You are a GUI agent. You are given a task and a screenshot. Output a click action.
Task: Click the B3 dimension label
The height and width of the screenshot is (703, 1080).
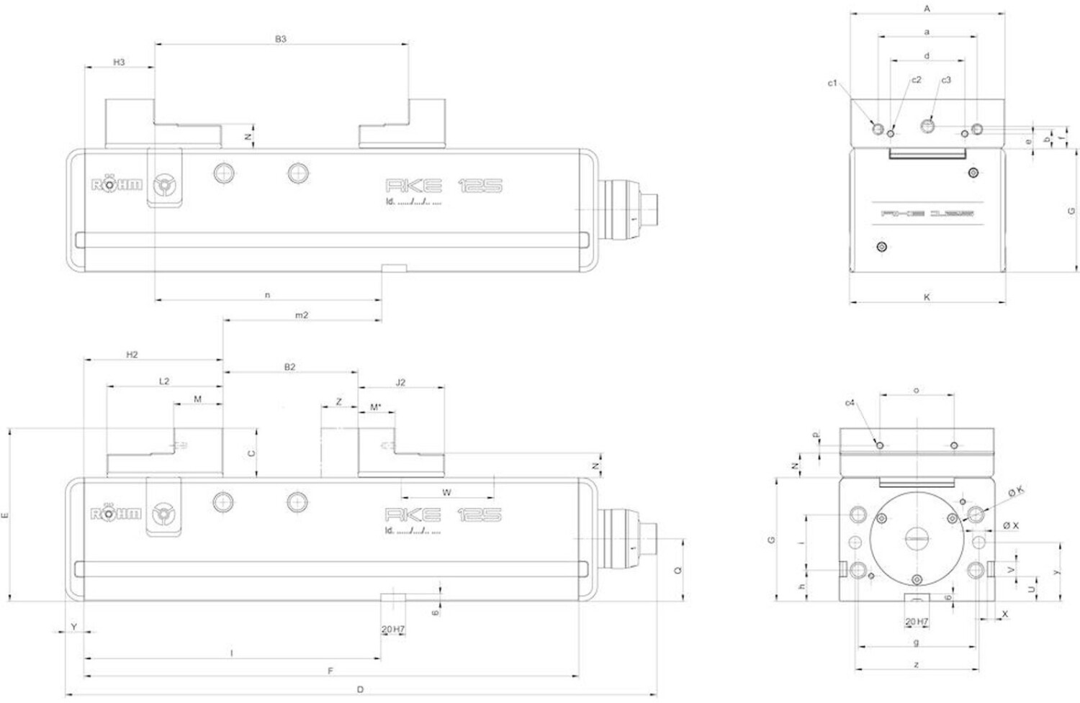point(281,39)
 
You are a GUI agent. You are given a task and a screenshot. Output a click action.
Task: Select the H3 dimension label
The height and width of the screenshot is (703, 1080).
point(120,63)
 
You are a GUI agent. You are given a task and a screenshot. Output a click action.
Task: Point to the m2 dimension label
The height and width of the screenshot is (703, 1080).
point(302,315)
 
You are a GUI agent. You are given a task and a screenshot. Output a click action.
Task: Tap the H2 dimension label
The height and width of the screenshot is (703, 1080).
point(132,355)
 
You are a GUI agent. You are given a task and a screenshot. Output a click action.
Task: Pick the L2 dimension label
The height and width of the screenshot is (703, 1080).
point(164,381)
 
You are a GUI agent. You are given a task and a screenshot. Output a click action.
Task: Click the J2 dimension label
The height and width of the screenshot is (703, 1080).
point(401,382)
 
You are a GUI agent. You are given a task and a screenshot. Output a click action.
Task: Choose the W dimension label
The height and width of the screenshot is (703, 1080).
point(446,493)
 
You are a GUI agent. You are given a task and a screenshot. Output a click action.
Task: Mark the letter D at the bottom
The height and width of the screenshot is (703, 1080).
point(361,689)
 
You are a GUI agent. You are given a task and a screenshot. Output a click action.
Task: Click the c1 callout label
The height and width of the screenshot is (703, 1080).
point(832,83)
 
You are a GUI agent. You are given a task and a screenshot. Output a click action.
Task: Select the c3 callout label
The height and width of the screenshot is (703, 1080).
point(946,80)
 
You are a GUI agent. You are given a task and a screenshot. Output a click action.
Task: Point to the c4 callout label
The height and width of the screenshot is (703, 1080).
point(850,403)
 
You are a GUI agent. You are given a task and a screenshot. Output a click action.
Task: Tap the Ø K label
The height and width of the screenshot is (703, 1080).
point(1016,491)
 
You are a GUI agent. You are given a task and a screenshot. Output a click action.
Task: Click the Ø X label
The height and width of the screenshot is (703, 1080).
point(1012,526)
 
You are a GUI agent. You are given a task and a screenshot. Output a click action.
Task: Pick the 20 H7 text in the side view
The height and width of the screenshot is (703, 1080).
point(917,622)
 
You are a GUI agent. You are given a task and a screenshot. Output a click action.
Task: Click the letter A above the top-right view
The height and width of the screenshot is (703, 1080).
point(927,9)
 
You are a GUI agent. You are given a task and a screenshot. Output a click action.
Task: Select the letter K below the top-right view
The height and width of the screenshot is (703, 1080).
point(927,297)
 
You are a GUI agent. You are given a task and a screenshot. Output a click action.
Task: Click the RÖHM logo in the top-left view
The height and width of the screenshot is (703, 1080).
point(117,185)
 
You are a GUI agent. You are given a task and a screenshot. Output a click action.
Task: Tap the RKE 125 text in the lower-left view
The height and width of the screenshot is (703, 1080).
point(443,514)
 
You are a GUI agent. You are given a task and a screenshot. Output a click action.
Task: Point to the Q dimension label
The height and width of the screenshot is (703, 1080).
point(678,571)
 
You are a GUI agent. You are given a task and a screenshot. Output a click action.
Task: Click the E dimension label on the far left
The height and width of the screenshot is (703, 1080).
point(6,515)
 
